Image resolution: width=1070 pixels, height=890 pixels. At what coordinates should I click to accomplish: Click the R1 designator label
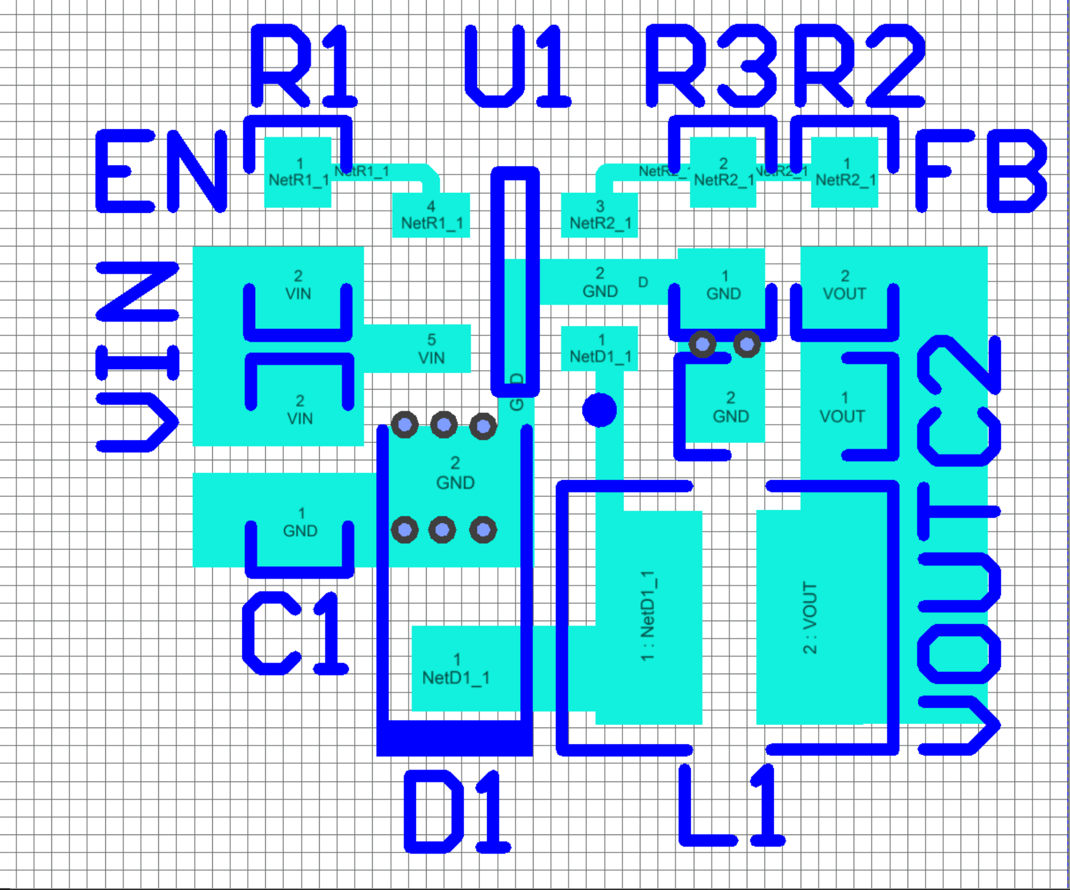coord(304,66)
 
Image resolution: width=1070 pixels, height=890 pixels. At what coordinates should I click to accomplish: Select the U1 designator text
coord(517,66)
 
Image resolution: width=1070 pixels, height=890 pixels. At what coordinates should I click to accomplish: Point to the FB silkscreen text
coord(981,171)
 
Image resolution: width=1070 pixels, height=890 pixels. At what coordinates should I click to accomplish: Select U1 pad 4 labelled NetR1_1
coord(431,215)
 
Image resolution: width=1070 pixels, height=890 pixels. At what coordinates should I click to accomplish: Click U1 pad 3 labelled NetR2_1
coord(599,215)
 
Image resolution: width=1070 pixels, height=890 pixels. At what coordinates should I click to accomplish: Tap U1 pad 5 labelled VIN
coord(431,349)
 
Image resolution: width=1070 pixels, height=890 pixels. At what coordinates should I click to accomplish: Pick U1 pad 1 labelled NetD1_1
coord(599,348)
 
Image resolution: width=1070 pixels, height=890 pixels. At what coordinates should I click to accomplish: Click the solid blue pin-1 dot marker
coord(599,410)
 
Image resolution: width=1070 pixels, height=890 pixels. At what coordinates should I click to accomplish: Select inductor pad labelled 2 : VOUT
coord(810,617)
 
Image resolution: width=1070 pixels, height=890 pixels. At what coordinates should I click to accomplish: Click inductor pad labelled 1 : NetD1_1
coord(648,617)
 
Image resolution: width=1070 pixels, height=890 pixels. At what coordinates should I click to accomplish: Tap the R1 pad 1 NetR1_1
coord(298,172)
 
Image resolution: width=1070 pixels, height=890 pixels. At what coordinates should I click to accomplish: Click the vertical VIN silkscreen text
coord(137,357)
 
